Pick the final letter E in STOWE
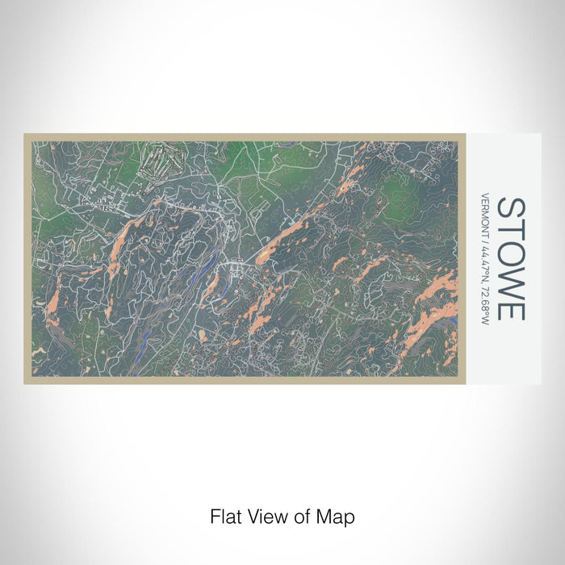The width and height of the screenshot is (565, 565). (511, 309)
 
